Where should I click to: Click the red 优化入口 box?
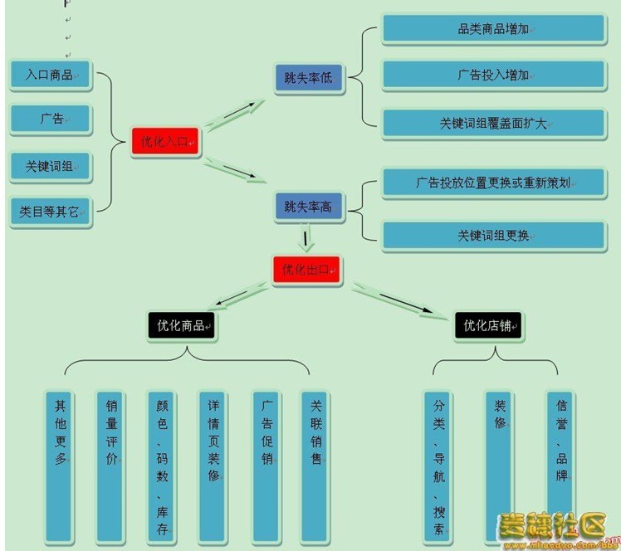point(165,142)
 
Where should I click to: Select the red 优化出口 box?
point(306,270)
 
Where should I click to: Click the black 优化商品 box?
point(180,325)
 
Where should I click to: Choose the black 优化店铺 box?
point(488,325)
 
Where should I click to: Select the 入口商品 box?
point(51,76)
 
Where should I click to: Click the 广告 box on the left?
point(51,119)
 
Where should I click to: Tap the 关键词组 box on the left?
point(51,167)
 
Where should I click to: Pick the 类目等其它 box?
point(51,212)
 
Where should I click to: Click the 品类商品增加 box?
point(494,29)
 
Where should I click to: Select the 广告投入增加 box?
point(494,75)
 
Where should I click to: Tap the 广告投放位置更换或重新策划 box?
point(494,183)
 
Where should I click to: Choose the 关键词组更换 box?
point(494,236)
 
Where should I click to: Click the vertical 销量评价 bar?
point(110,465)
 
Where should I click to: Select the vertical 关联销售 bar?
point(316,465)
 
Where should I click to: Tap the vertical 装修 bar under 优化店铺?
point(500,465)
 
